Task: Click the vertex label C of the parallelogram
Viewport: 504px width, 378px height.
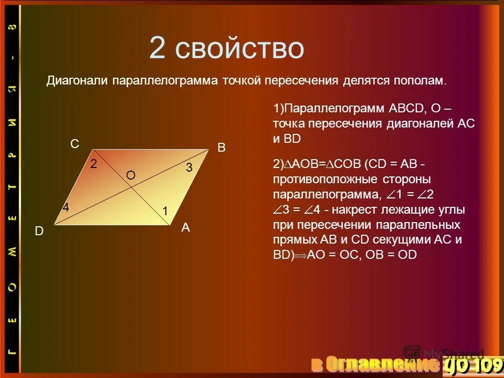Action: (75, 144)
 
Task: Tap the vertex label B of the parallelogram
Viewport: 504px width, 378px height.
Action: (222, 148)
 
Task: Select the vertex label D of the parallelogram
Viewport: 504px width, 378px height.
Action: (39, 231)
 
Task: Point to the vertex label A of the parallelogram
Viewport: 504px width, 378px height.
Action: (186, 228)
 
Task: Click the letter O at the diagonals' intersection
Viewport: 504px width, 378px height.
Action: (131, 176)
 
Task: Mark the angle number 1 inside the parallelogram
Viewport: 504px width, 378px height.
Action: (165, 211)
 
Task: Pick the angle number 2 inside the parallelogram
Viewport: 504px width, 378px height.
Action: (93, 164)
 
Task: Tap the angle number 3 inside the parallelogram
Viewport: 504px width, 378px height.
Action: (189, 167)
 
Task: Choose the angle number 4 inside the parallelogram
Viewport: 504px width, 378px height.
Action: (66, 208)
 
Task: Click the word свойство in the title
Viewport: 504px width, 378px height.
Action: (240, 49)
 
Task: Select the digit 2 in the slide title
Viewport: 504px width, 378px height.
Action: (158, 49)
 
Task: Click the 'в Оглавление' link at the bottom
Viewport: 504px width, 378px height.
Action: (373, 363)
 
